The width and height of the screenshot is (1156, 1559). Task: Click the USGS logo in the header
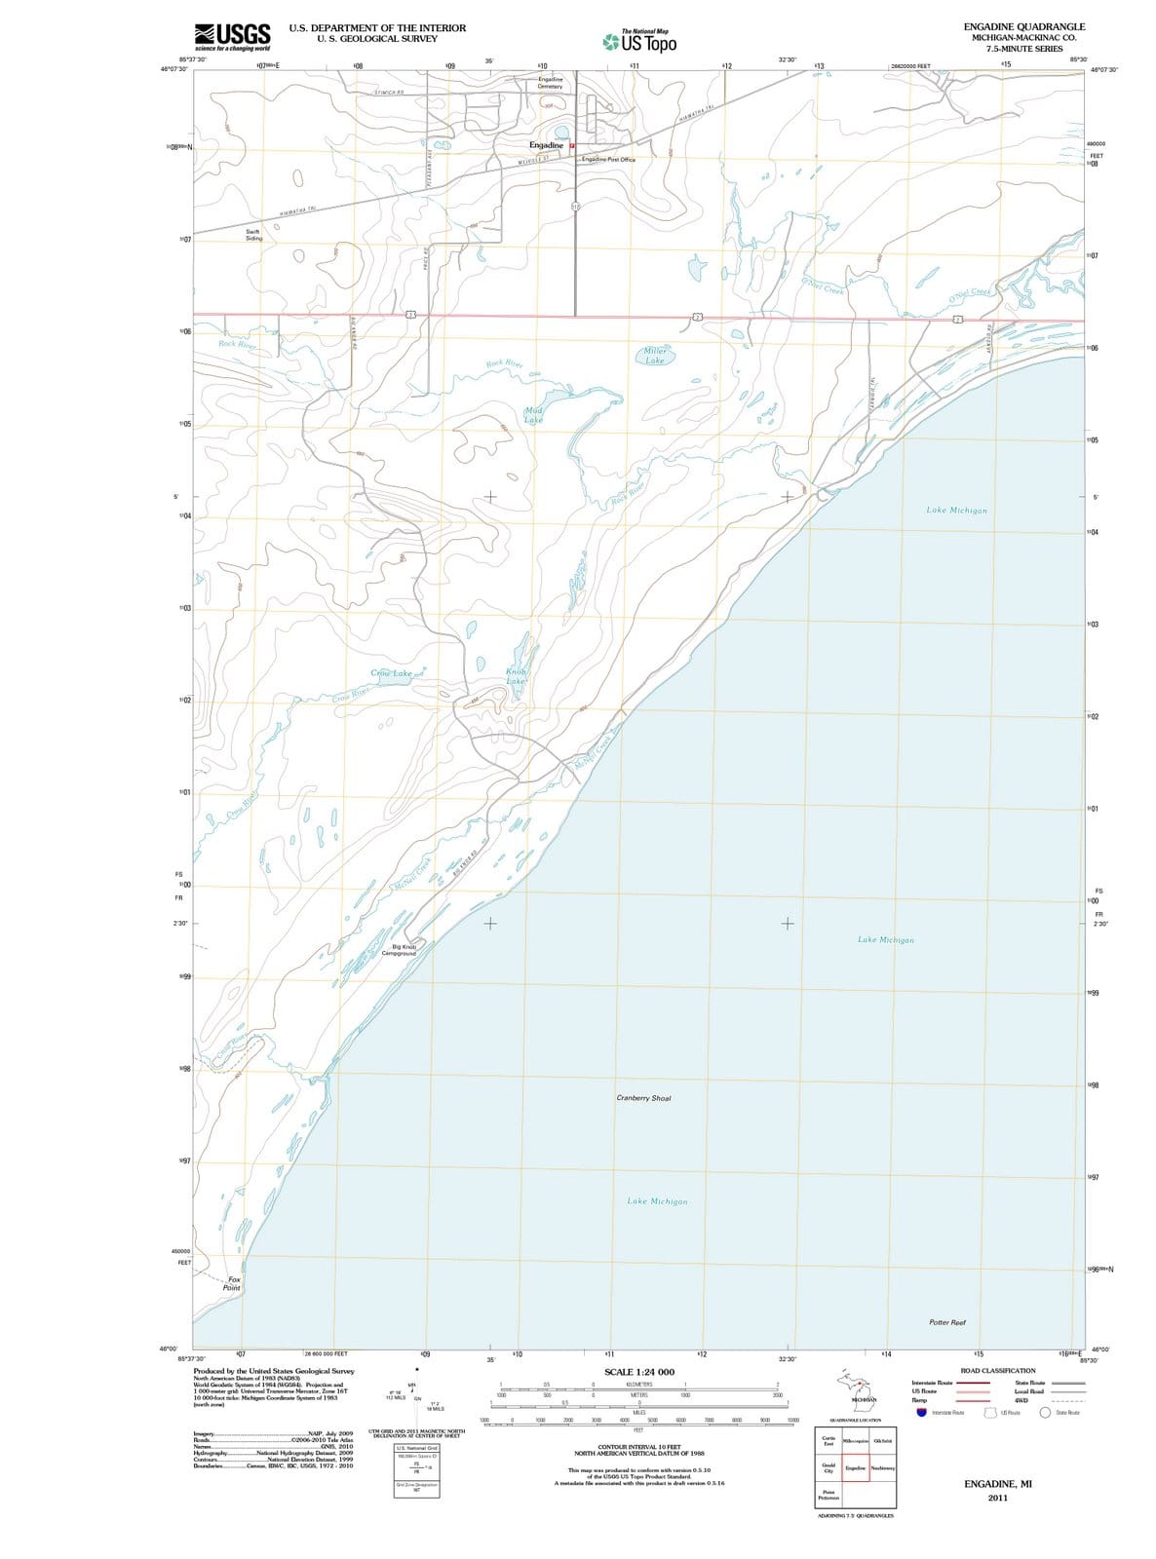pyautogui.click(x=232, y=36)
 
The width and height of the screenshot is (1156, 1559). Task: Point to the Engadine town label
pyautogui.click(x=546, y=145)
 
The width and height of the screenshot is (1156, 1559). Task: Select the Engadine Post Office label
pyautogui.click(x=608, y=160)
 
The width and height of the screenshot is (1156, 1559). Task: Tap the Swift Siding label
pyautogui.click(x=253, y=235)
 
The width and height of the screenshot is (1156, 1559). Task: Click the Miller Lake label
pyautogui.click(x=655, y=355)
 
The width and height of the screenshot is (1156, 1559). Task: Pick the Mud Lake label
pyautogui.click(x=533, y=415)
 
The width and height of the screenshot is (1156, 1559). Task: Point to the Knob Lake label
pyautogui.click(x=517, y=676)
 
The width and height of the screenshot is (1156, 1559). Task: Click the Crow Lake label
pyautogui.click(x=392, y=673)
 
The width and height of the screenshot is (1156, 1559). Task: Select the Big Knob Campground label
pyautogui.click(x=403, y=950)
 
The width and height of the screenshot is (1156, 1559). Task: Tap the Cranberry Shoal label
pyautogui.click(x=643, y=1098)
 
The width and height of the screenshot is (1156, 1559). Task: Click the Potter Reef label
pyautogui.click(x=946, y=1322)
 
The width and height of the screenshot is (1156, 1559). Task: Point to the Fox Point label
pyautogui.click(x=231, y=1283)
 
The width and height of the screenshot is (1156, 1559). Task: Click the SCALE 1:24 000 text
pyautogui.click(x=639, y=1372)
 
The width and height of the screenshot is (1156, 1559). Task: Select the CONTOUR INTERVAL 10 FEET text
pyautogui.click(x=638, y=1447)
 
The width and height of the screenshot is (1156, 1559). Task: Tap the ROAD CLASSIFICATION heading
pyautogui.click(x=997, y=1371)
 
